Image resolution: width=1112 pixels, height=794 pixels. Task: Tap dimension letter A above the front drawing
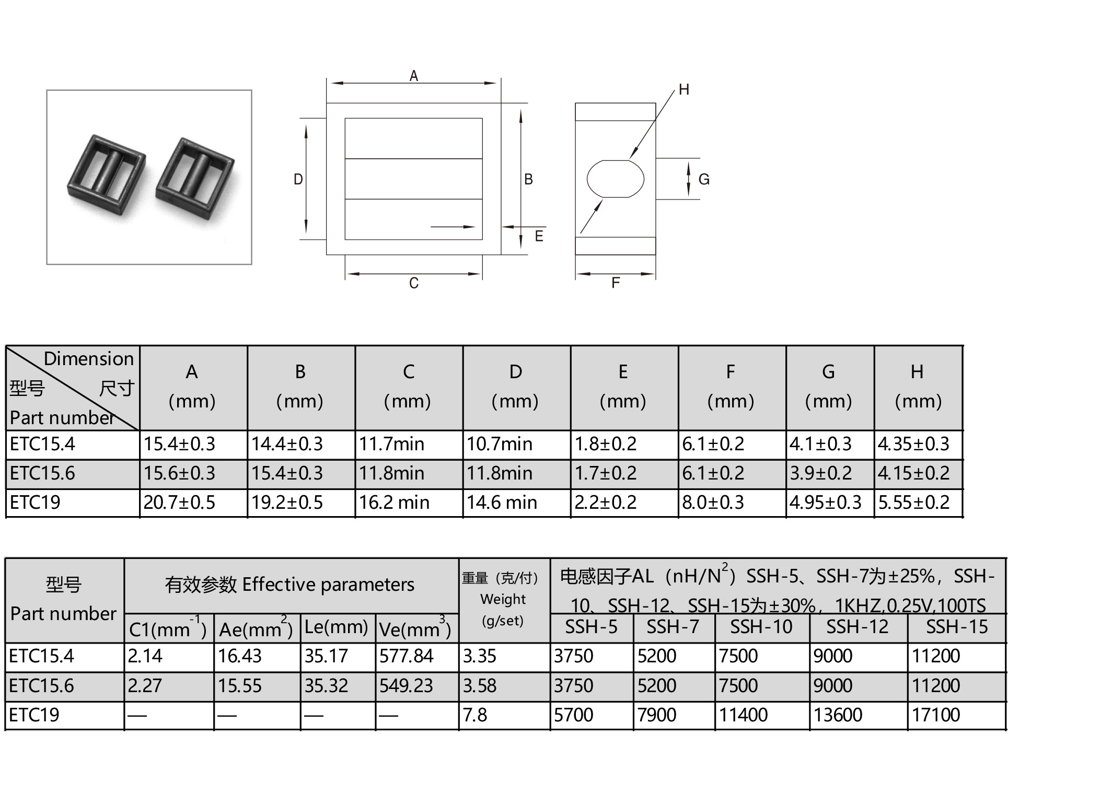coord(413,76)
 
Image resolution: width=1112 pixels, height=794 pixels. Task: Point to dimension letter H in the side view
coord(684,90)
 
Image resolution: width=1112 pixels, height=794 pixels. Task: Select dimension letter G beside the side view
coord(704,179)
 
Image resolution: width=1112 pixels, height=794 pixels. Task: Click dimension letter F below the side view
coord(616,283)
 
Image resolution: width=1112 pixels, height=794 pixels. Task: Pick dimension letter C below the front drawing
coord(413,283)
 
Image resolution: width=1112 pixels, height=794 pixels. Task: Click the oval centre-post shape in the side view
coord(615,179)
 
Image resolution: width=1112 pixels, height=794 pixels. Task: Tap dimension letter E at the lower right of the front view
coord(539,236)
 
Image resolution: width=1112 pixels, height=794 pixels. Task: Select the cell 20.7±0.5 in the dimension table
coord(179,503)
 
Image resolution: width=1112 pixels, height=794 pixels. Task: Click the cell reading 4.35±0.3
coord(913,444)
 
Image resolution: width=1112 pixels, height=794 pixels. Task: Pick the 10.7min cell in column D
coord(499,444)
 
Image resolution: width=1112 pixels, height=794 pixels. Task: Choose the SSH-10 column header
coord(761,626)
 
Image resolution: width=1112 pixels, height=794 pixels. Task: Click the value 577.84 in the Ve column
coord(406,656)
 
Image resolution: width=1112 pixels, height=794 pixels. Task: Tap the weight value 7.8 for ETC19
coord(474,715)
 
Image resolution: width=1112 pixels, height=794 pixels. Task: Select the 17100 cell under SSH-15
coord(935,715)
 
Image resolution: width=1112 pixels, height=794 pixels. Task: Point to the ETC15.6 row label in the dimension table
coord(42,473)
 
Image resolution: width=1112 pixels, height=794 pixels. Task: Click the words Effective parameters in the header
coord(328,585)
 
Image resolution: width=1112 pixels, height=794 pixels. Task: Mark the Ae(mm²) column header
coord(256,628)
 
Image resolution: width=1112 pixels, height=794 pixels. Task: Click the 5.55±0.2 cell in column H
coord(913,503)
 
